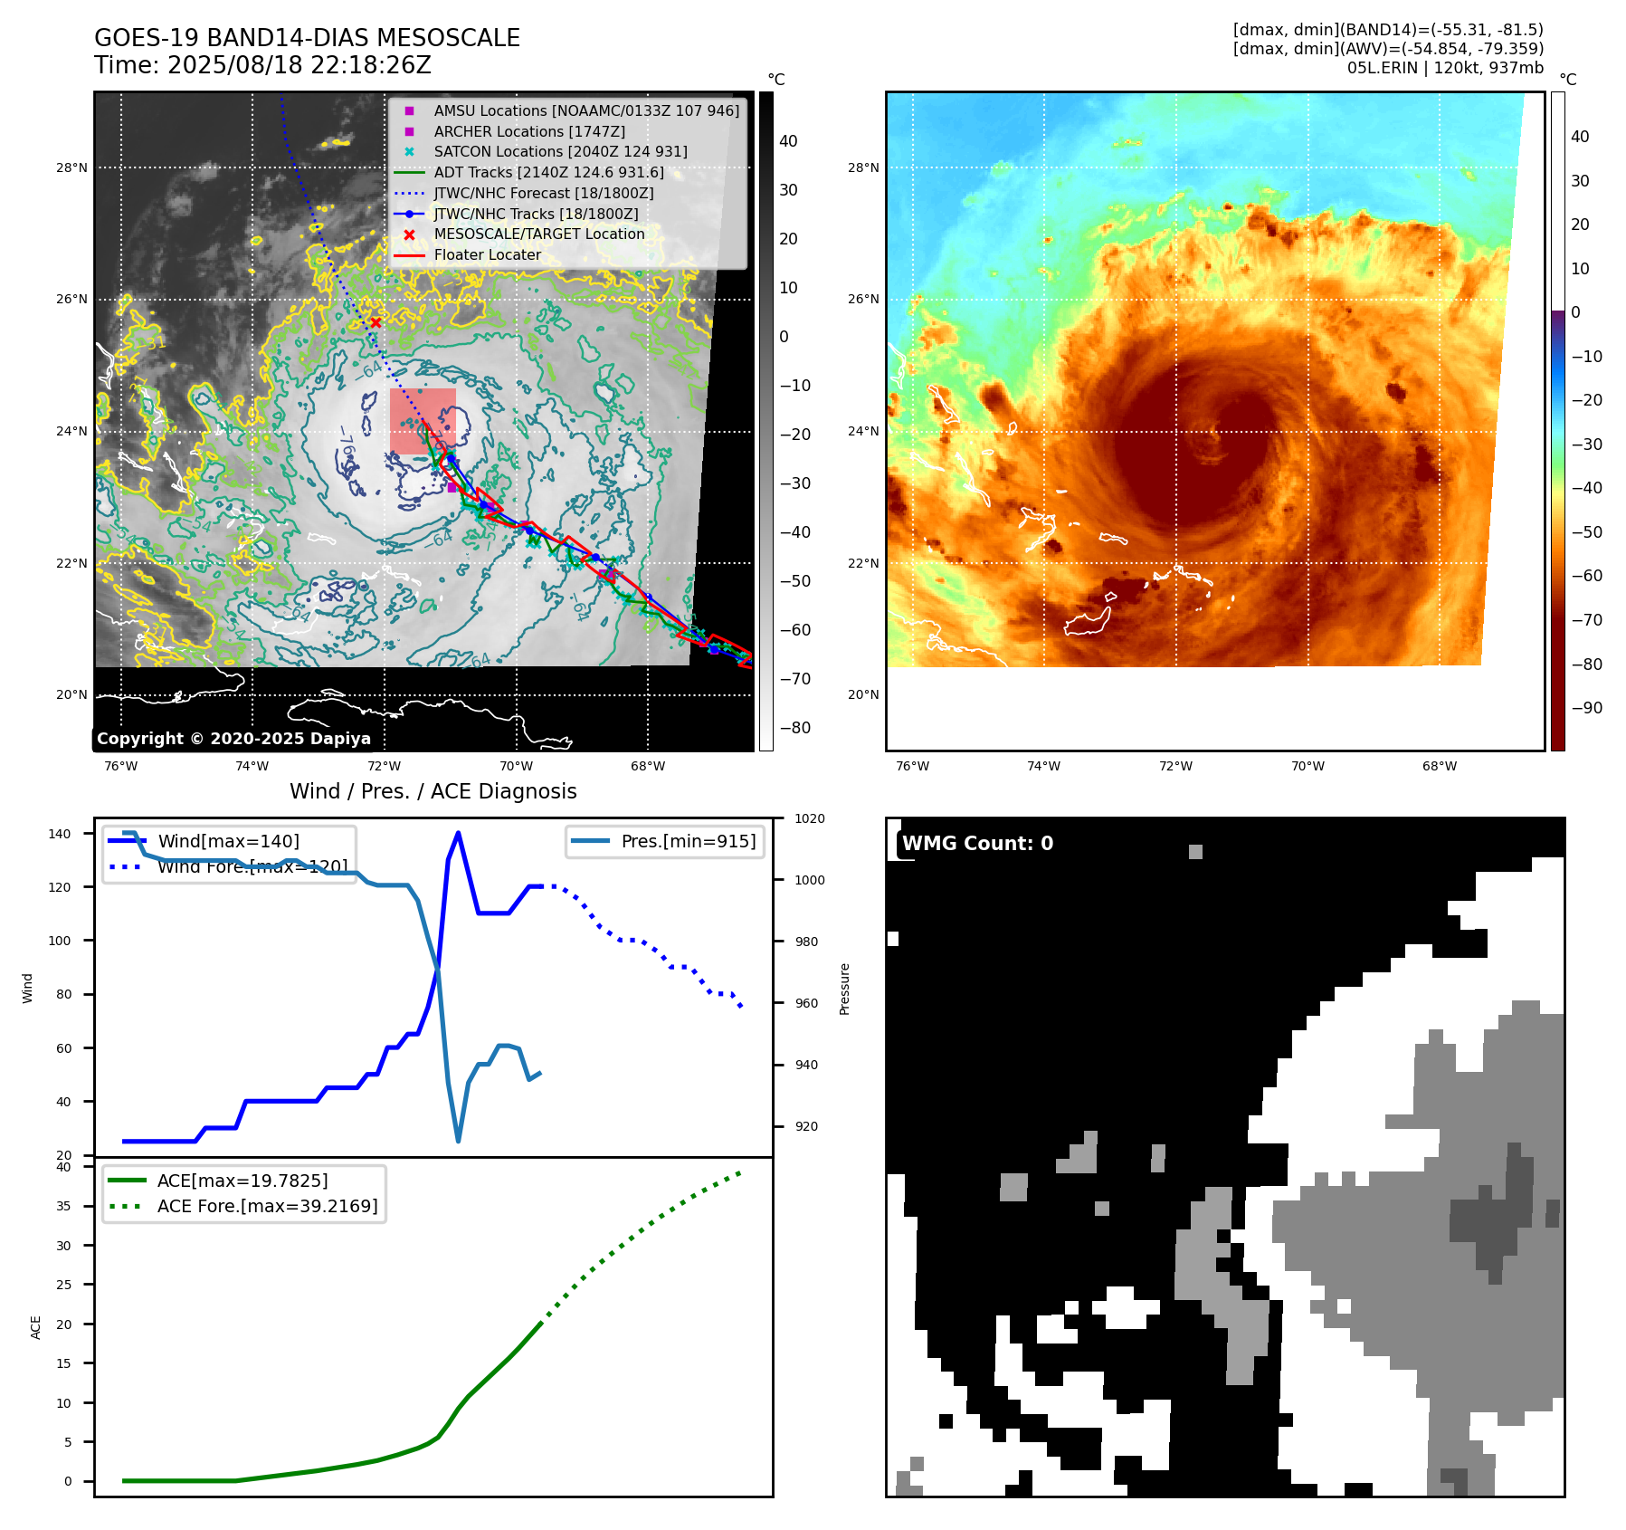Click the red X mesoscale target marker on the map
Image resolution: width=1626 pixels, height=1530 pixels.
tap(376, 322)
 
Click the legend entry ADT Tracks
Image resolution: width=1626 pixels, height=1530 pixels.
tap(548, 172)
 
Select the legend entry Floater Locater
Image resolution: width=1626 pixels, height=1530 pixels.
tap(487, 254)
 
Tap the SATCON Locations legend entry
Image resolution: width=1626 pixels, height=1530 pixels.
tap(560, 151)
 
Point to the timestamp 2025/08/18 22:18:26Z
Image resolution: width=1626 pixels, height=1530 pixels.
tap(299, 65)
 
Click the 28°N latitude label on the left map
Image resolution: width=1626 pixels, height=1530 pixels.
tap(72, 167)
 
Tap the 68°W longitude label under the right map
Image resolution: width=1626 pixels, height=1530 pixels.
tap(1439, 766)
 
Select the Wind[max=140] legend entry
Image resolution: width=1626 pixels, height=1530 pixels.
tap(228, 841)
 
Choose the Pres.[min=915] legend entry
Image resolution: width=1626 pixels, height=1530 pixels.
tap(688, 841)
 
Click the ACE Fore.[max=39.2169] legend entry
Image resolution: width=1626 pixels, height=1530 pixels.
tap(267, 1206)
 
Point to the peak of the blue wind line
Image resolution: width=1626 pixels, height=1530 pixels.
tap(458, 833)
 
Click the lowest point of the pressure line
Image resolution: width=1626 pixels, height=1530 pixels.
tap(459, 1141)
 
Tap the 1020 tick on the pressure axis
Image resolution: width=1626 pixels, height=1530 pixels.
tap(809, 818)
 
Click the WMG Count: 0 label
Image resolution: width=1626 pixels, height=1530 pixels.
tap(977, 843)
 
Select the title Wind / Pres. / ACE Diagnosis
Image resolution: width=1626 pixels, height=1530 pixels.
tap(433, 791)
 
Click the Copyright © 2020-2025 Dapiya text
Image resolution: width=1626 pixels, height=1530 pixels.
tap(233, 739)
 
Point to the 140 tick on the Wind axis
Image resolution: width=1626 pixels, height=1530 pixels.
tap(60, 834)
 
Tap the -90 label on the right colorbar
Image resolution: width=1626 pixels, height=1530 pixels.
tap(1586, 708)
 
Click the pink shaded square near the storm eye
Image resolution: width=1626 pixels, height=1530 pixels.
tap(423, 421)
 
